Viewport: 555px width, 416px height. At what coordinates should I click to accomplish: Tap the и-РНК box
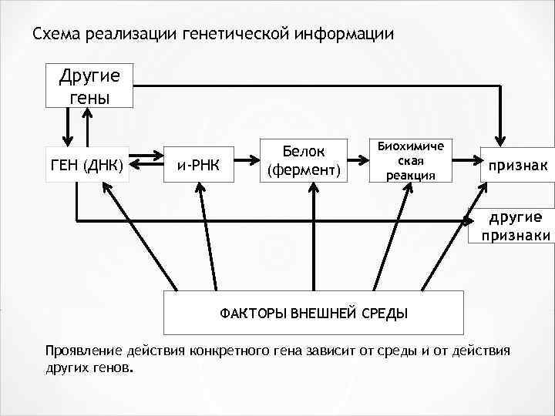(x=198, y=164)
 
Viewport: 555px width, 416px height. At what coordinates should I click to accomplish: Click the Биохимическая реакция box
(x=412, y=161)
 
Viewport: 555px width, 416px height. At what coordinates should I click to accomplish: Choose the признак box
(x=517, y=164)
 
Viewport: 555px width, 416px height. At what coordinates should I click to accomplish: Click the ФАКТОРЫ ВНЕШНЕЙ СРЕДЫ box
(x=314, y=314)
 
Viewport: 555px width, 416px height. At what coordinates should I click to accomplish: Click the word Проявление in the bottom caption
(x=83, y=352)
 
